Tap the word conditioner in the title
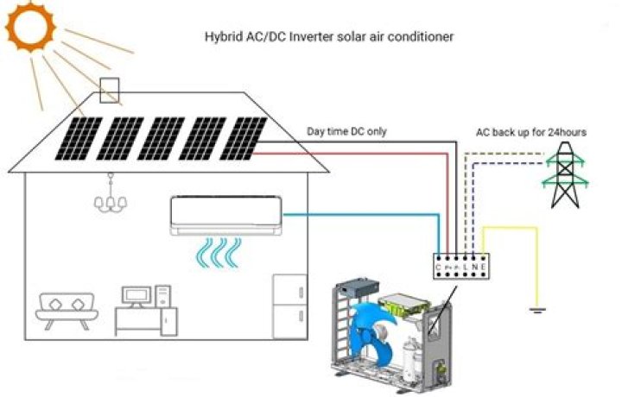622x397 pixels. [423, 37]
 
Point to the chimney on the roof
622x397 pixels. [111, 91]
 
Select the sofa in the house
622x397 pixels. [67, 311]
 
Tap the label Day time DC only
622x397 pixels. [347, 132]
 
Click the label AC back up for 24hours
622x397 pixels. [531, 132]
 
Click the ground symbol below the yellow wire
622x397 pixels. [539, 309]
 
